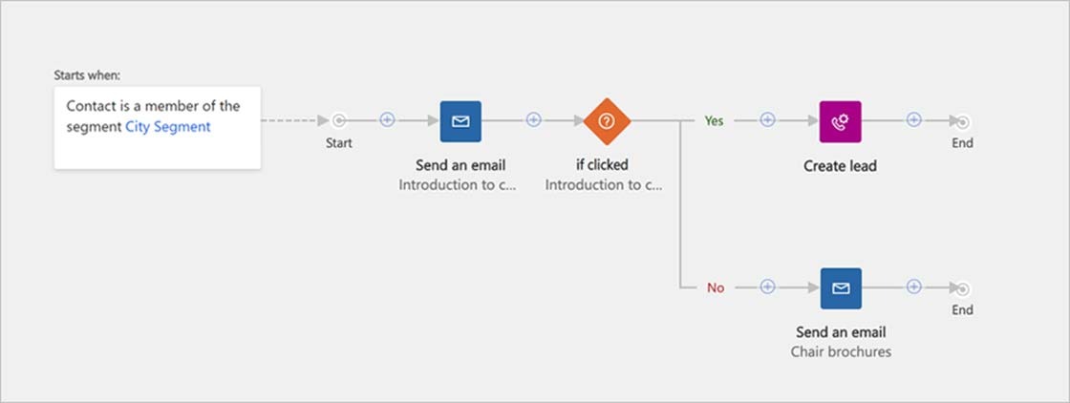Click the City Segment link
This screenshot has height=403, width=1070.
168,127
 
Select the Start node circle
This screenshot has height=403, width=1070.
338,120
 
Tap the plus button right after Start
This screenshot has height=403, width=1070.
387,120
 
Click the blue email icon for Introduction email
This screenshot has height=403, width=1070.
460,121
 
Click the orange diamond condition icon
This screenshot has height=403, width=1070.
607,121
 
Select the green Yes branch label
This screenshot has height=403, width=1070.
714,120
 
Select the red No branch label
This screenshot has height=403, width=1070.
716,287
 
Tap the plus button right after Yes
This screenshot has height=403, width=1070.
768,120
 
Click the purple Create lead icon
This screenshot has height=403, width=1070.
840,121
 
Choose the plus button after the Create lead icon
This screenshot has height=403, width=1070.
913,120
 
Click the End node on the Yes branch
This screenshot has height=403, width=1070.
962,122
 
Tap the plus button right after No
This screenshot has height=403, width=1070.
768,287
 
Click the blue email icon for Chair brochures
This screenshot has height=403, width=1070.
841,288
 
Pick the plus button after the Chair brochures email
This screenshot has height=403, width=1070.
913,287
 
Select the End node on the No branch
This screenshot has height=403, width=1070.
962,289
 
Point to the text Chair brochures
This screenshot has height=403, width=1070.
841,351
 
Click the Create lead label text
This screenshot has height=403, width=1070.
840,166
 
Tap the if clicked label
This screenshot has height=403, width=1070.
603,164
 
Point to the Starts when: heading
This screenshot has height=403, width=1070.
87,75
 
